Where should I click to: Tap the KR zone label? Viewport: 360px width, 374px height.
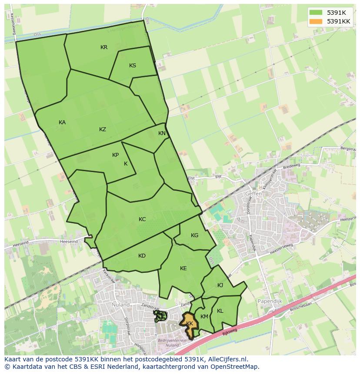tap(104, 47)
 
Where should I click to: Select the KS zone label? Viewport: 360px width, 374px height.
tap(133, 66)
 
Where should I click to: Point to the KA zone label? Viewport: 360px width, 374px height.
tap(62, 122)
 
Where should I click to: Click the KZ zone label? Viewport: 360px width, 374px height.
tap(103, 129)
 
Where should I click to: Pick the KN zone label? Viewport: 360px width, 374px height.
tap(162, 133)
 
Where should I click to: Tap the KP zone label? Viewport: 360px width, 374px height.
tap(115, 155)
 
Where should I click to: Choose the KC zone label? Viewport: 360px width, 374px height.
tap(142, 219)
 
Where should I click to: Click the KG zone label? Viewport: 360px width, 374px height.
tap(194, 235)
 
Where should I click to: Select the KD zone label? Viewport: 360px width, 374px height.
tap(142, 256)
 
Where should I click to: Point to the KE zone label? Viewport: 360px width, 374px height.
tap(183, 268)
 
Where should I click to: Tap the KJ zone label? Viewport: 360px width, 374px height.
tap(220, 285)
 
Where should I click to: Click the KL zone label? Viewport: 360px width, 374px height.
tap(220, 311)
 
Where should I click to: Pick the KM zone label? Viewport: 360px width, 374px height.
tap(204, 317)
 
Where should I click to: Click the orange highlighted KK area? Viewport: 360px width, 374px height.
tap(190, 324)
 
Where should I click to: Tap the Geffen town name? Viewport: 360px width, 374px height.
tap(253, 194)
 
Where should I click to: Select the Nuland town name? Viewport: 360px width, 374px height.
tap(120, 305)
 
